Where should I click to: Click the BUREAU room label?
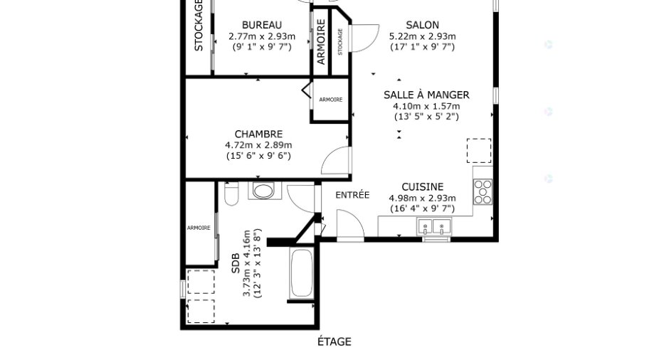261,25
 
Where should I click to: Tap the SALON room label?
422,25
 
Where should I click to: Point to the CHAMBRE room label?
258,134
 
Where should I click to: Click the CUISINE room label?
422,187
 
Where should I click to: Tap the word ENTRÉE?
352,195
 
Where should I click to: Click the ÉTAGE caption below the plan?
334,342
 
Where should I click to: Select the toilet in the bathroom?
231,194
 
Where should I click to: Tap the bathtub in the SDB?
301,273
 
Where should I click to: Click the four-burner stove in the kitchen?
483,192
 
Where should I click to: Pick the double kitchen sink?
434,226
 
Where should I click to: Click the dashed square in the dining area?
479,151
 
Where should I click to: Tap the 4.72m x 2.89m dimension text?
258,145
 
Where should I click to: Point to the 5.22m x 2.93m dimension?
422,36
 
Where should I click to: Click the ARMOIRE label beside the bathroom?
199,228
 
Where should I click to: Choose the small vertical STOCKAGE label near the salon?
340,42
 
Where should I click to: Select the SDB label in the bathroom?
236,264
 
